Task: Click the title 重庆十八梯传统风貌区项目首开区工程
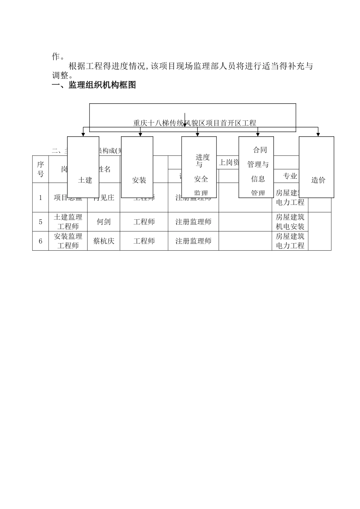(195, 123)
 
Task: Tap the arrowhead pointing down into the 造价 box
(318, 134)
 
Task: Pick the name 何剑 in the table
(103, 222)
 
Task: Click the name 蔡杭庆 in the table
(103, 241)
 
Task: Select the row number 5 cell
(41, 222)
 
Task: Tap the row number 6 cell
(41, 241)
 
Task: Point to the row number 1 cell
(41, 198)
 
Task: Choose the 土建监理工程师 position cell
(68, 222)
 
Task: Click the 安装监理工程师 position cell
(68, 241)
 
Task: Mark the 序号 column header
(41, 169)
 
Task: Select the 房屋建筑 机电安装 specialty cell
(290, 222)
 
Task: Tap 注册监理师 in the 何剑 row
(193, 222)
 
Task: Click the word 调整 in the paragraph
(60, 75)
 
